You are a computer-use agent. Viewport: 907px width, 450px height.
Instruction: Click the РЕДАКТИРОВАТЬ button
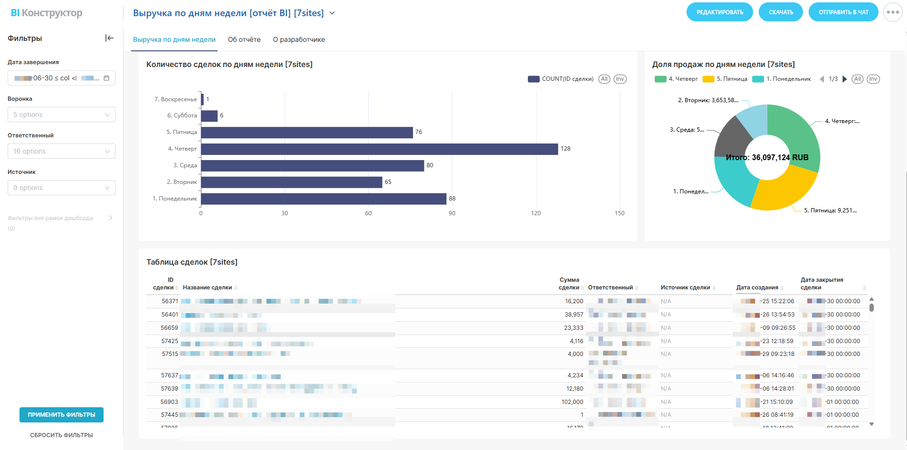coord(719,12)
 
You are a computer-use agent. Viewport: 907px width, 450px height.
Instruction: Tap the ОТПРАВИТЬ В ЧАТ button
coord(843,12)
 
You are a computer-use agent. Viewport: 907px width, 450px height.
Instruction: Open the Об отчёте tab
coord(244,39)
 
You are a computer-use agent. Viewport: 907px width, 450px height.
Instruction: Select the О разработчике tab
coord(299,39)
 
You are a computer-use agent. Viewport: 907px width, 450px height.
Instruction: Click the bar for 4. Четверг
coord(379,149)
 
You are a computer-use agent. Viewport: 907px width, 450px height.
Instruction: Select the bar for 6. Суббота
coord(210,115)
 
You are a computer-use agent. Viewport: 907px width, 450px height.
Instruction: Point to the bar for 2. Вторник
coord(291,182)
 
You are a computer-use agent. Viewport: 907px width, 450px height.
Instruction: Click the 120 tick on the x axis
coord(535,213)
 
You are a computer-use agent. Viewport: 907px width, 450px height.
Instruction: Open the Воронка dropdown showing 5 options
coord(61,115)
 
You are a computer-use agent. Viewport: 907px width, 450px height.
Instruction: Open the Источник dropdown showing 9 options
coord(61,188)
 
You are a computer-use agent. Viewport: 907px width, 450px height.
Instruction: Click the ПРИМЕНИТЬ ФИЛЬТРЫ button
coord(61,415)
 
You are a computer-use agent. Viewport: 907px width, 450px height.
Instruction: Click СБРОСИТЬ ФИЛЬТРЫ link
coord(61,435)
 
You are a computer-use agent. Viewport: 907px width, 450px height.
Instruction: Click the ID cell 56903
coord(169,402)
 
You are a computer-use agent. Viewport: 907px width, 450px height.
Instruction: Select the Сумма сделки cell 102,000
coord(572,402)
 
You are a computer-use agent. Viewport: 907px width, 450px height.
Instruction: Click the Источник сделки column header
coord(685,287)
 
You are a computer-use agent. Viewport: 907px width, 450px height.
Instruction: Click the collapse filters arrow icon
coord(109,38)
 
